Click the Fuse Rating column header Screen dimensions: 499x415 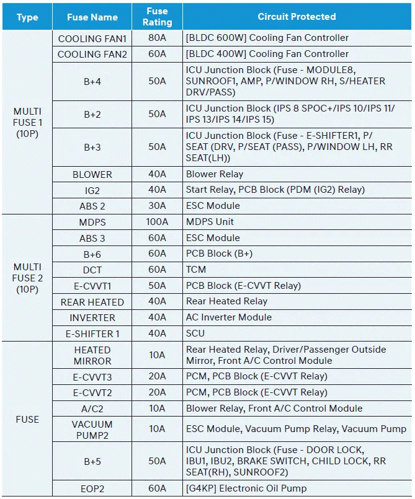coord(157,17)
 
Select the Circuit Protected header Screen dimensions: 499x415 coord(297,17)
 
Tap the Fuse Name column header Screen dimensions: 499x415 coord(92,17)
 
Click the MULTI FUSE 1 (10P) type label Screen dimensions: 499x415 coord(27,122)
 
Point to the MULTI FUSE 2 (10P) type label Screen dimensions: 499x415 coord(27,278)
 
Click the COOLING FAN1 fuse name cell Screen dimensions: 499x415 coord(92,38)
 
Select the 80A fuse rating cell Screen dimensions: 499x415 coord(157,38)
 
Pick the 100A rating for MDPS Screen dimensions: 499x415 coord(157,222)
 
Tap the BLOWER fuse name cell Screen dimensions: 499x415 coord(92,174)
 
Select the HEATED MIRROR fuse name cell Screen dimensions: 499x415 coord(92,355)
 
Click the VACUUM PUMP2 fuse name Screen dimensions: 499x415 coord(92,429)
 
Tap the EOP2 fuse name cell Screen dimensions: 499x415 coord(92,488)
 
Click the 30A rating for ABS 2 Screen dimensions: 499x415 coord(157,206)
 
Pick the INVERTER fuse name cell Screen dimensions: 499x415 coord(92,317)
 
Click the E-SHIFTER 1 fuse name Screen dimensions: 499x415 coord(92,333)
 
